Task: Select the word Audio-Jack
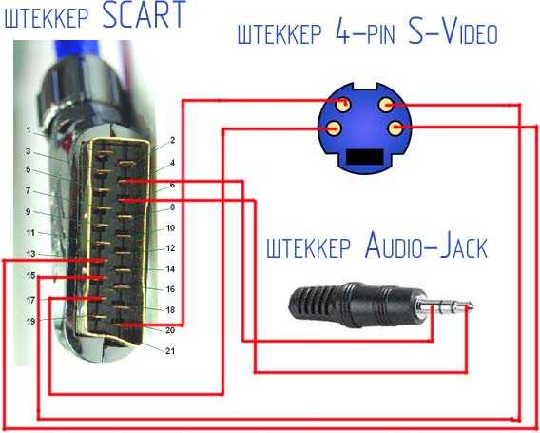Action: [426, 246]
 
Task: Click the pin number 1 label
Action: [29, 130]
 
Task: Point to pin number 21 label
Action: [170, 351]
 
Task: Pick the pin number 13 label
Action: [31, 254]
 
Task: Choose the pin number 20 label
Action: [170, 330]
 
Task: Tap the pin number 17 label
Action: [31, 300]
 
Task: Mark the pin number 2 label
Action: [172, 140]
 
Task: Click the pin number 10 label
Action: [170, 227]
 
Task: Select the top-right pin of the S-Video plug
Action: [386, 105]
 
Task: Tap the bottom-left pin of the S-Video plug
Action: [333, 128]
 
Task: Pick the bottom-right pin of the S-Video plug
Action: [395, 128]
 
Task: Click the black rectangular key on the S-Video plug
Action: [365, 157]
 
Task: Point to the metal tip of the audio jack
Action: [445, 305]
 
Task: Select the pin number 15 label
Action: [31, 275]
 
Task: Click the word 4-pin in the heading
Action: [364, 32]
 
